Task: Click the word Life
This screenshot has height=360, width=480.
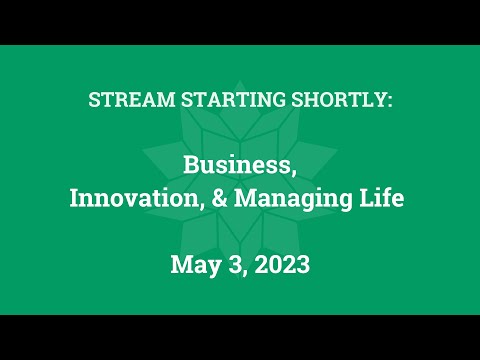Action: coord(385,198)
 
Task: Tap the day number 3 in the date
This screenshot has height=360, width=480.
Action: coord(232,264)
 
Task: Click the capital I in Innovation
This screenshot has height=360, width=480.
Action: coord(73,198)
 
